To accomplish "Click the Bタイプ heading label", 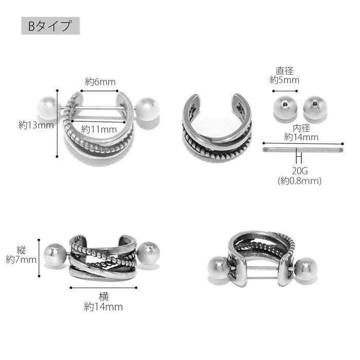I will pyautogui.click(x=50, y=26).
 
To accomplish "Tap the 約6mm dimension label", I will pyautogui.click(x=100, y=82).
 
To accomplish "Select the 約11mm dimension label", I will pyautogui.click(x=99, y=129).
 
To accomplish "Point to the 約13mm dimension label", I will pyautogui.click(x=36, y=124).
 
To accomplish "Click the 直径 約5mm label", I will pyautogui.click(x=284, y=75).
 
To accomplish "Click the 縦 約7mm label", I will pyautogui.click(x=21, y=255).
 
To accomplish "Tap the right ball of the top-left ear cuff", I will pyautogui.click(x=149, y=109).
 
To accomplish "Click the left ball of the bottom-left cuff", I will pyautogui.click(x=55, y=254).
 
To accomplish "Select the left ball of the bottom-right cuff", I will pyautogui.click(x=215, y=271).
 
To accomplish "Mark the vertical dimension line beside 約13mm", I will pyautogui.click(x=57, y=125).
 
